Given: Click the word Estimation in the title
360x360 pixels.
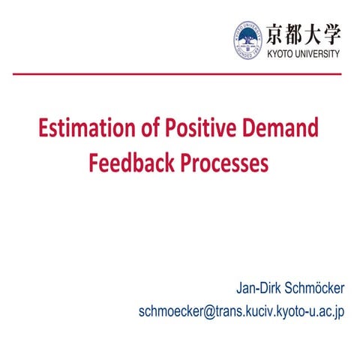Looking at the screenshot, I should (78, 129).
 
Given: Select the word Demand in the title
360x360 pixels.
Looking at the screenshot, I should (274, 129).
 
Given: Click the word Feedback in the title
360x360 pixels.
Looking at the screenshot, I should (130, 163).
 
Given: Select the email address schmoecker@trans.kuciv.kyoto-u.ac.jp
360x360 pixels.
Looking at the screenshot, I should (241, 311).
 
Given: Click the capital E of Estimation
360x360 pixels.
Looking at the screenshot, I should (45, 129).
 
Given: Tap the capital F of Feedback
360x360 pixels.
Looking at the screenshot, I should (94, 163).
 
